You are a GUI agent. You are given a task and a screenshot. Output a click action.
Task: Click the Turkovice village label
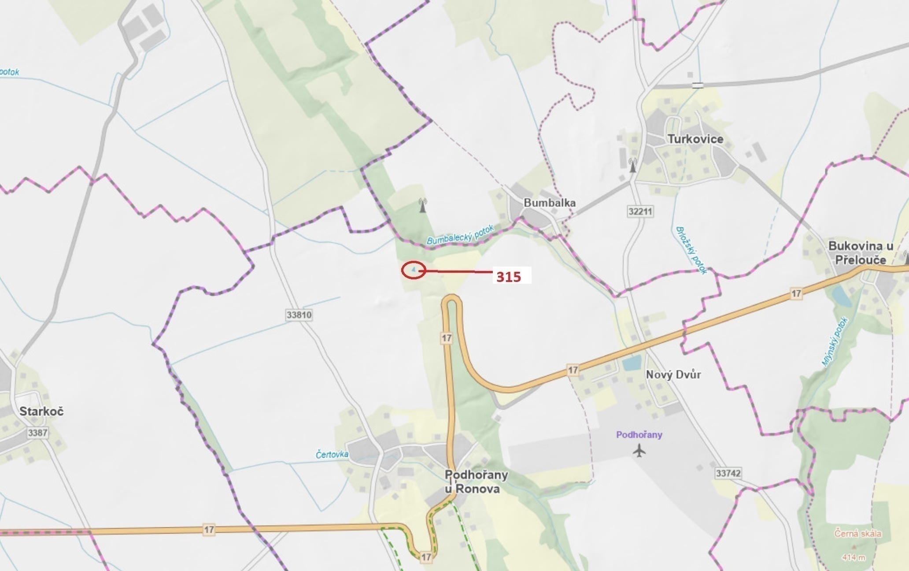(x=695, y=139)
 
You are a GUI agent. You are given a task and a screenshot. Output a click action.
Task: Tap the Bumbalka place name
(x=549, y=203)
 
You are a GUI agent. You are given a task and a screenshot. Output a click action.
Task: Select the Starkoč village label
(x=41, y=412)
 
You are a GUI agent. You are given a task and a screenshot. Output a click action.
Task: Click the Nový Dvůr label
(x=673, y=374)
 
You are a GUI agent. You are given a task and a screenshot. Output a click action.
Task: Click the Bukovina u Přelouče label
(x=860, y=252)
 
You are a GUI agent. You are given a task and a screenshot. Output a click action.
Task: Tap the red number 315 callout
(x=509, y=277)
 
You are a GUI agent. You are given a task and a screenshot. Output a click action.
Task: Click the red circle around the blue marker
(x=414, y=270)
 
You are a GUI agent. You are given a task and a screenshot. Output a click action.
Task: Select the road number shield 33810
(x=299, y=315)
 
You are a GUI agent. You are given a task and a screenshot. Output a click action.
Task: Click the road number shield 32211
(x=640, y=211)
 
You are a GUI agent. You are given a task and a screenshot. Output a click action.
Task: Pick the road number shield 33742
(x=728, y=473)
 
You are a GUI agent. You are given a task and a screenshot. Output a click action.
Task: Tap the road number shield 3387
(x=37, y=433)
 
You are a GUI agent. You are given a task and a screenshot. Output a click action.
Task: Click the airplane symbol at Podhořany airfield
(x=639, y=450)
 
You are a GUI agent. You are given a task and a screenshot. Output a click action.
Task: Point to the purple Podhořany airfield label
(x=639, y=435)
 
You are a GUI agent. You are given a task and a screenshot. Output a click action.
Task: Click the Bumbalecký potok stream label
(x=460, y=234)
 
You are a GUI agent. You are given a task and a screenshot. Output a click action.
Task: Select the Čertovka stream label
(x=332, y=454)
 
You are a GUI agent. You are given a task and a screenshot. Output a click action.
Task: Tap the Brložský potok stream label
(x=691, y=250)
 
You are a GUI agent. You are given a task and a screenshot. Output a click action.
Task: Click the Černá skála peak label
(x=857, y=534)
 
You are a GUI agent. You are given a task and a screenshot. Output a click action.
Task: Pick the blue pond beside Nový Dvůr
(x=631, y=363)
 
